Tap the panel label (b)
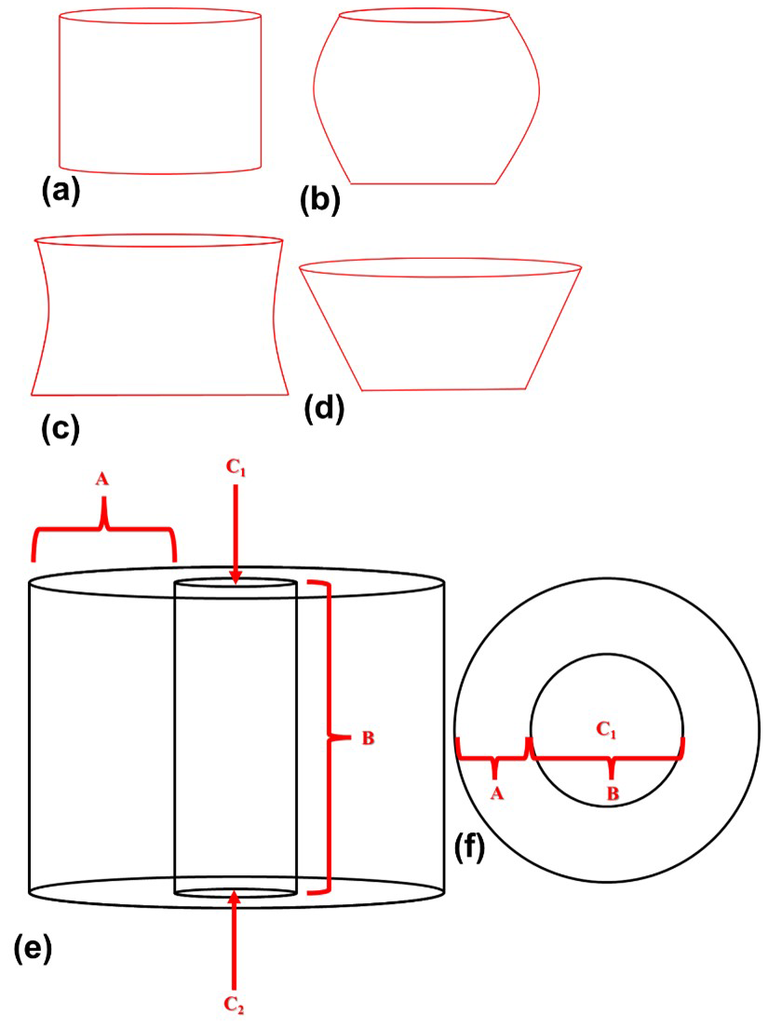[319, 199]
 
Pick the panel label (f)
[467, 847]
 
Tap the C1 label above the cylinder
[236, 470]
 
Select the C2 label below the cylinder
[236, 1006]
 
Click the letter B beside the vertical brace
[368, 738]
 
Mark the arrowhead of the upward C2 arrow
[236, 899]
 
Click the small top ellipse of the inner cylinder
[236, 583]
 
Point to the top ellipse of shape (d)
[440, 268]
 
